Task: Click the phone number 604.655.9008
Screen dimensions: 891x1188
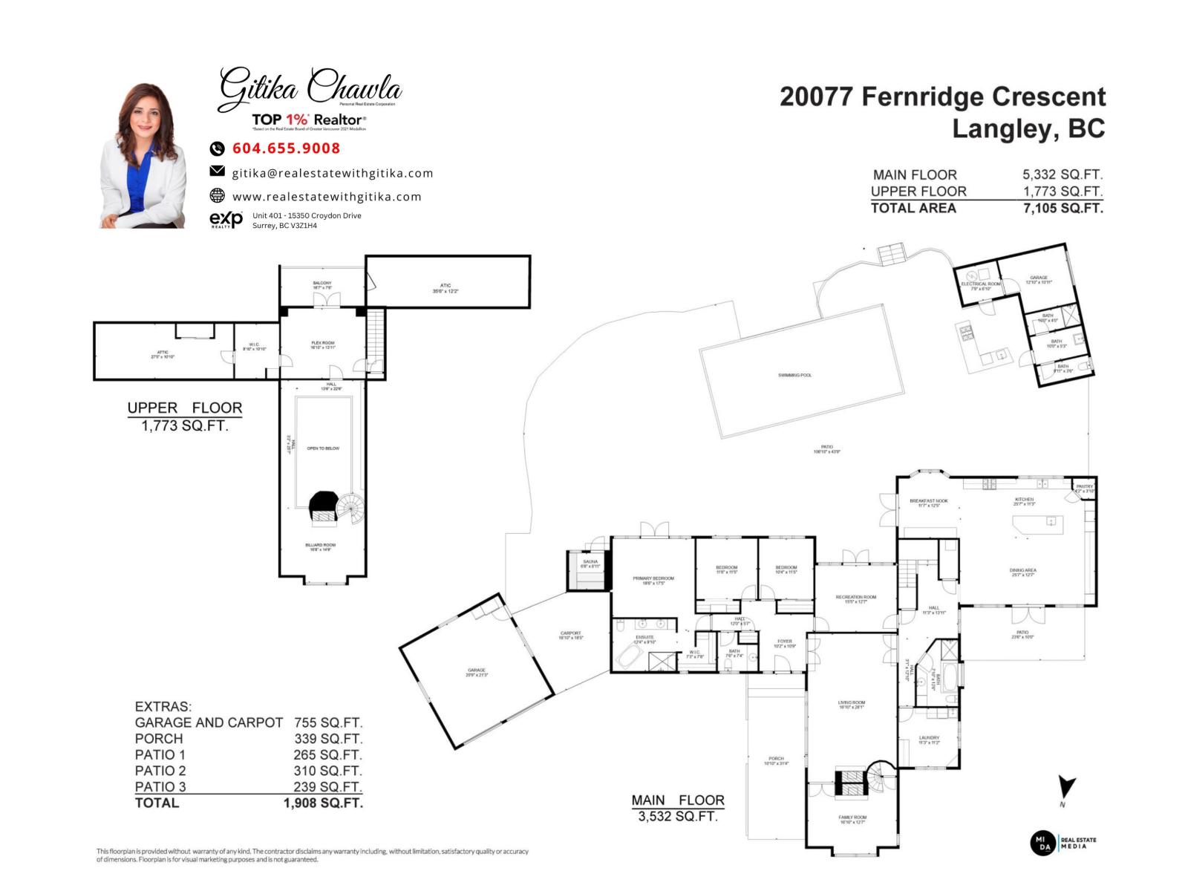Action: (x=286, y=148)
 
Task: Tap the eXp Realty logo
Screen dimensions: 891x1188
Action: (x=226, y=219)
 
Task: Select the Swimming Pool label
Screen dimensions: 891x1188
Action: (x=794, y=376)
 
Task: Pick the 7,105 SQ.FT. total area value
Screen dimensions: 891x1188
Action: (x=1063, y=209)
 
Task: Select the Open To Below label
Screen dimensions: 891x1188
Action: (x=323, y=448)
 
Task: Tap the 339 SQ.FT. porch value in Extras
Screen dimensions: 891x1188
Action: (x=328, y=739)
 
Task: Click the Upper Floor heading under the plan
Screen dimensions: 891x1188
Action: (x=184, y=408)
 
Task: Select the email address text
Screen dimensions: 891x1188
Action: (x=332, y=173)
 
